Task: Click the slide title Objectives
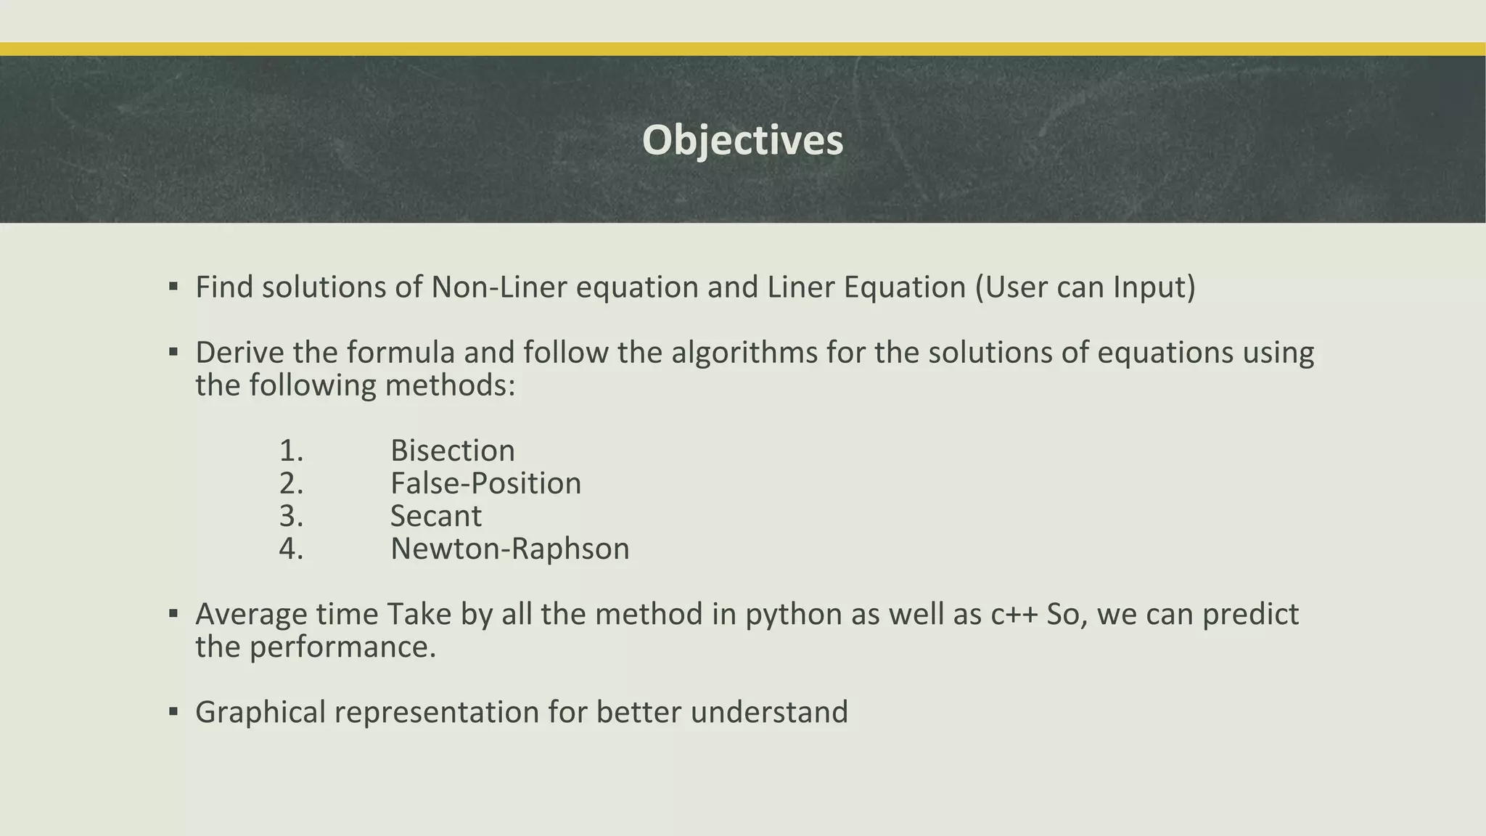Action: click(x=742, y=140)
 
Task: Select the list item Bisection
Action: click(x=453, y=451)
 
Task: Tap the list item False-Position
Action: click(x=485, y=483)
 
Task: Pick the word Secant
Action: click(x=435, y=516)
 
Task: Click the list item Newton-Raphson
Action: click(x=509, y=549)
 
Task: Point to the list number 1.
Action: click(x=291, y=451)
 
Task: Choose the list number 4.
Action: click(x=291, y=549)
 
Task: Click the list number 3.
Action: click(x=291, y=516)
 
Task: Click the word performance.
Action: click(x=342, y=647)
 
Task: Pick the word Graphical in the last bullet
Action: click(x=260, y=712)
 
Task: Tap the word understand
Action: click(x=769, y=712)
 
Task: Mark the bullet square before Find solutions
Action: click(x=173, y=287)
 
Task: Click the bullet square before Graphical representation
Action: click(x=173, y=711)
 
